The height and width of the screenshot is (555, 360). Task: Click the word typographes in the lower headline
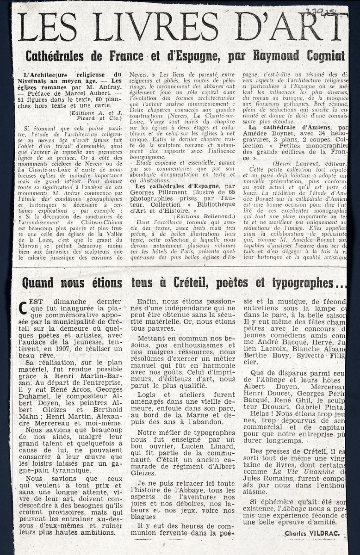click(303, 283)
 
